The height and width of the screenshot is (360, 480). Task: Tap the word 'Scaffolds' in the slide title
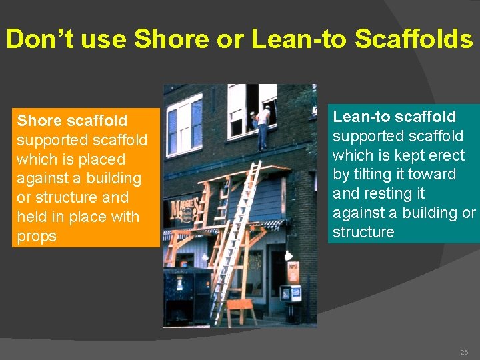pos(414,40)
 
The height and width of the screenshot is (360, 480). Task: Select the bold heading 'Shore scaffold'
pos(72,121)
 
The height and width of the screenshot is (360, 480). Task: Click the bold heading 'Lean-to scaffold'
pos(395,117)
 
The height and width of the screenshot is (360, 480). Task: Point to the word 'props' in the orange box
pos(37,237)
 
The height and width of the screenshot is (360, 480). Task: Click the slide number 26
pos(464,351)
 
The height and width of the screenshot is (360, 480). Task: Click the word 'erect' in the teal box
pos(446,155)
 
